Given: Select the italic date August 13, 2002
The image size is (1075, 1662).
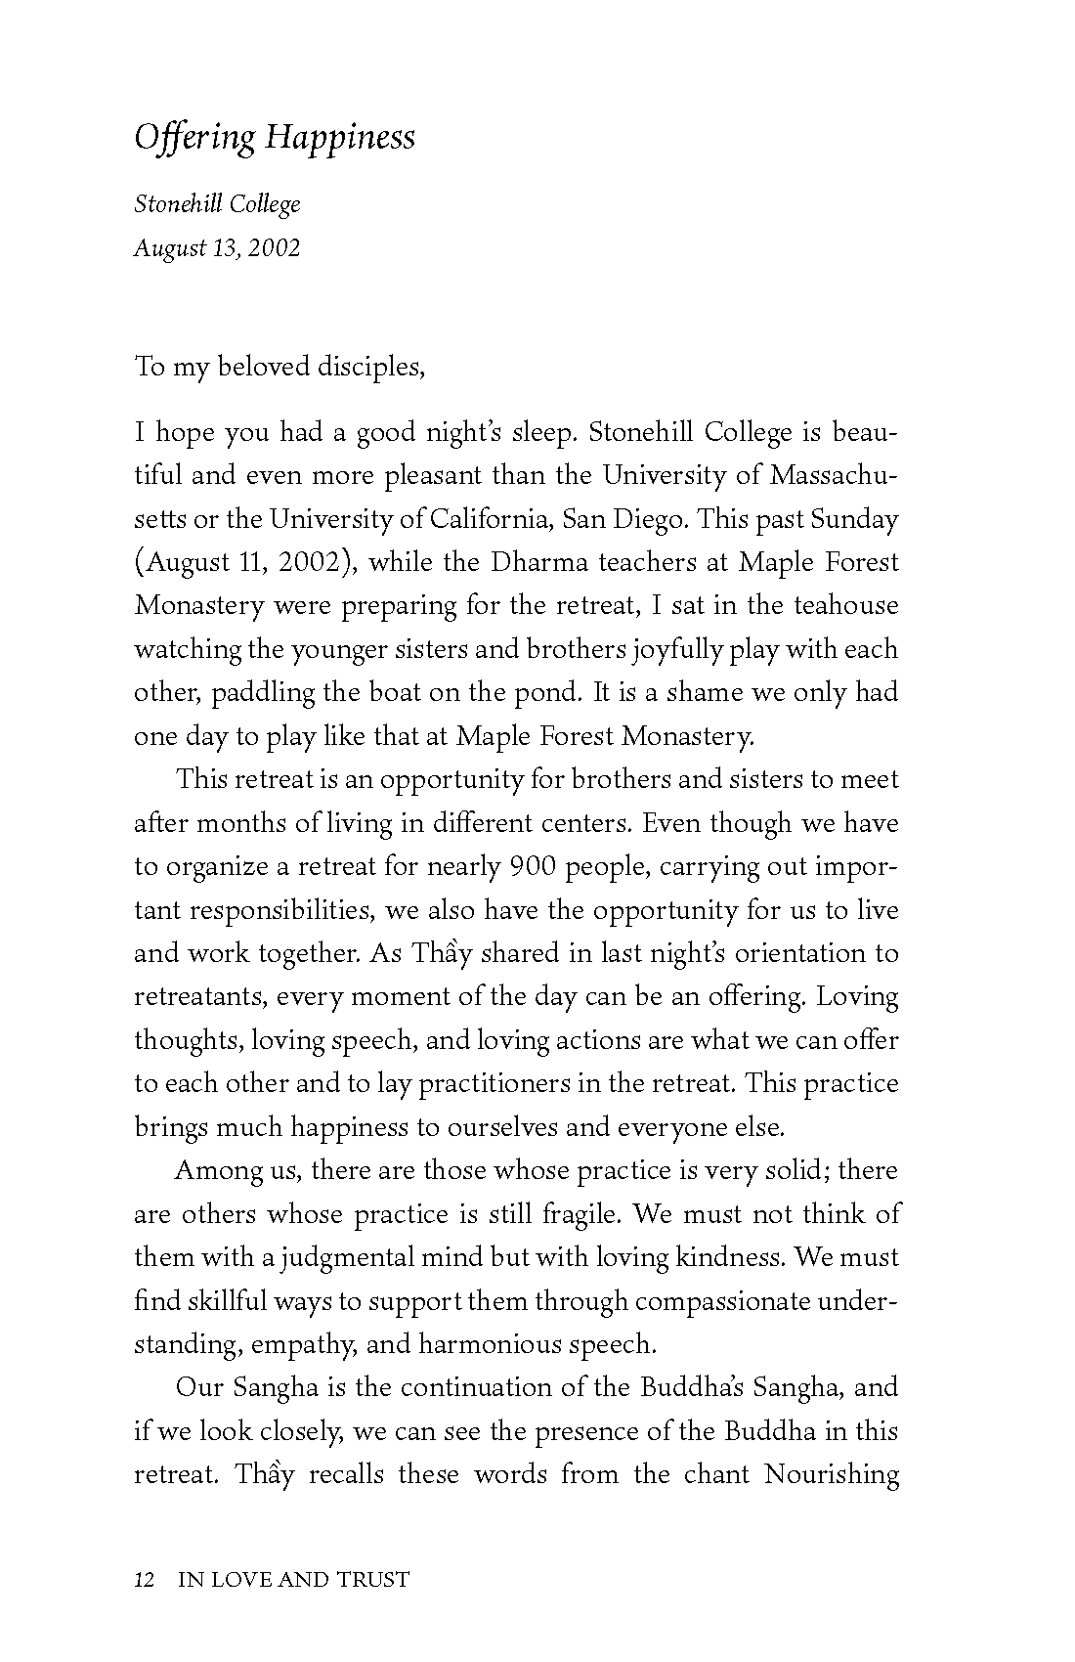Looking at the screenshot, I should [217, 247].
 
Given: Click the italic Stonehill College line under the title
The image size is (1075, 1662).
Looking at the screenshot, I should [217, 204].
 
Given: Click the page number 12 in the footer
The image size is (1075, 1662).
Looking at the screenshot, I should [146, 1579].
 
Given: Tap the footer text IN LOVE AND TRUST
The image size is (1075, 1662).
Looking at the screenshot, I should [293, 1579].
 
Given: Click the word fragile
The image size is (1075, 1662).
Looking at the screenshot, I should [580, 1214].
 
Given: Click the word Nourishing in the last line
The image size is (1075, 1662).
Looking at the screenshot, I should [832, 1474].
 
